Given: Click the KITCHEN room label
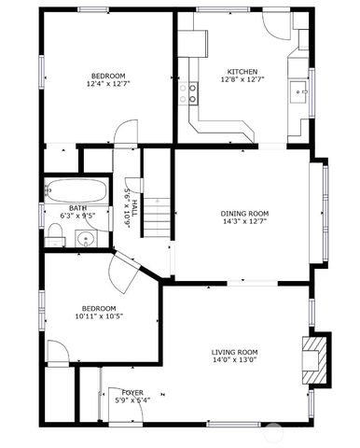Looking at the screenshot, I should (243, 71).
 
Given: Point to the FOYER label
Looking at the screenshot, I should (132, 393).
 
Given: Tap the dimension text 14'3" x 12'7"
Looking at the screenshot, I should (244, 221).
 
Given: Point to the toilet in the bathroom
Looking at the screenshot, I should (56, 239).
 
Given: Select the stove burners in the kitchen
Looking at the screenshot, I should (193, 92).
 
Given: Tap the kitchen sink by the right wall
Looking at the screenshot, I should (299, 91).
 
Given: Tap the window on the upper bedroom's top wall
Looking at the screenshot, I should (92, 9).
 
